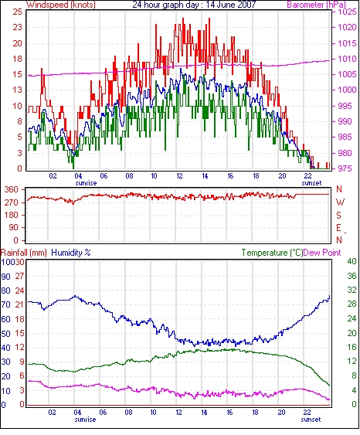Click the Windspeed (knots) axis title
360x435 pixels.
61,5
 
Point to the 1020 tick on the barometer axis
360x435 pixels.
347,27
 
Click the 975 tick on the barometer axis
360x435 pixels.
347,168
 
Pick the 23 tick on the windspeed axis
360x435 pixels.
17,27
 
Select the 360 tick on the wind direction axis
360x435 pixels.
12,189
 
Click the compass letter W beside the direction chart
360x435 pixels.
340,202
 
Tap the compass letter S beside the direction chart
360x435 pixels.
338,215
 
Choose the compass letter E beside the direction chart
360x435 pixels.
338,228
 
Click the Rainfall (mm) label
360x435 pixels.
24,253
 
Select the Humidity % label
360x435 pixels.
71,253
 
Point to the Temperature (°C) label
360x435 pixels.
272,253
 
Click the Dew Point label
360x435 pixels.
322,253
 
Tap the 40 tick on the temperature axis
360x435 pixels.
352,261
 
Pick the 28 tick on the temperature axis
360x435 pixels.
352,304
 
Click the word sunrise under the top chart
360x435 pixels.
86,183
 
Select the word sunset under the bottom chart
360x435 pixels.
311,420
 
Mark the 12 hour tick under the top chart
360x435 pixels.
179,176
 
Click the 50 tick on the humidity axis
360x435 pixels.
6,333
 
